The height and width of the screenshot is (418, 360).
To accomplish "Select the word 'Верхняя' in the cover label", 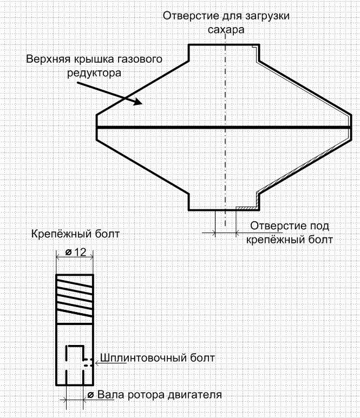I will coord(45,58).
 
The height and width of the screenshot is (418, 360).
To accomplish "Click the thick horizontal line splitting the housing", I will coord(162,128).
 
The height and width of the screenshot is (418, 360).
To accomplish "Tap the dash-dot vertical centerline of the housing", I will coord(224,162).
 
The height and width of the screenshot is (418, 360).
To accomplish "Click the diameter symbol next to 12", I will coord(69,252).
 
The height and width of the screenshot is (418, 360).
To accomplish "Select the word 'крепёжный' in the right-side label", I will coord(265,238).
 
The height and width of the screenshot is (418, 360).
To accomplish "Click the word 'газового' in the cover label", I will coord(140,58).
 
